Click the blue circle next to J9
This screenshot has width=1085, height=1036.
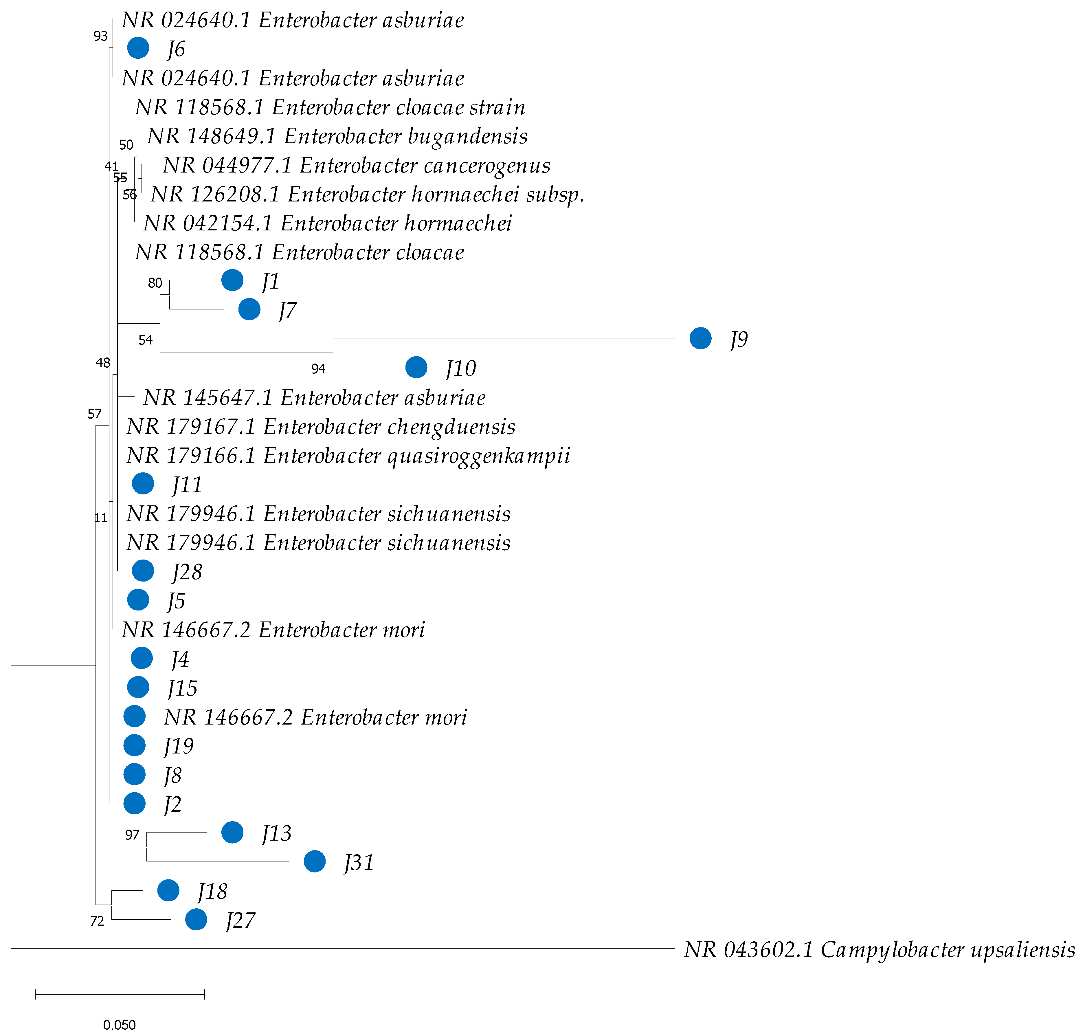pos(700,338)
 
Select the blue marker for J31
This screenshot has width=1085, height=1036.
pos(314,861)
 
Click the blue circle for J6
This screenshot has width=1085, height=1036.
pos(138,48)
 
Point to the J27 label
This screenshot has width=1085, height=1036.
pos(240,921)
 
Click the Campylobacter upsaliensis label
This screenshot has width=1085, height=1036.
pos(879,950)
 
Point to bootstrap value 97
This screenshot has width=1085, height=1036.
pos(132,835)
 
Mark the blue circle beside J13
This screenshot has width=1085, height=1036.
pos(232,832)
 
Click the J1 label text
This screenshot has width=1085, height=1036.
pos(270,282)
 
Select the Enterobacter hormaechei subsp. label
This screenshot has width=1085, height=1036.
pos(367,195)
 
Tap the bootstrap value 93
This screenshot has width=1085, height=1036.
pos(100,36)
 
